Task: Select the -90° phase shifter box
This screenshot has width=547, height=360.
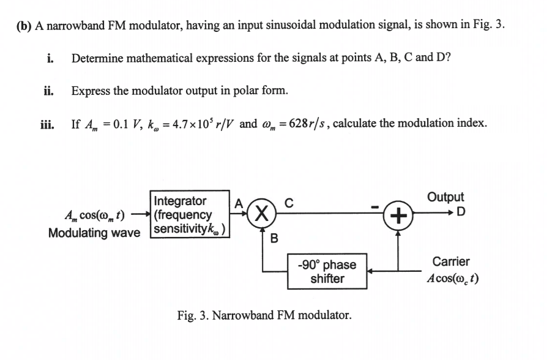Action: coord(327,271)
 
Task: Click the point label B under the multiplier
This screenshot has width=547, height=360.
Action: coord(274,239)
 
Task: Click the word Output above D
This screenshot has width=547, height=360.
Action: coord(445,197)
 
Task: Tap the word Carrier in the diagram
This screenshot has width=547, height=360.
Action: coord(450,261)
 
